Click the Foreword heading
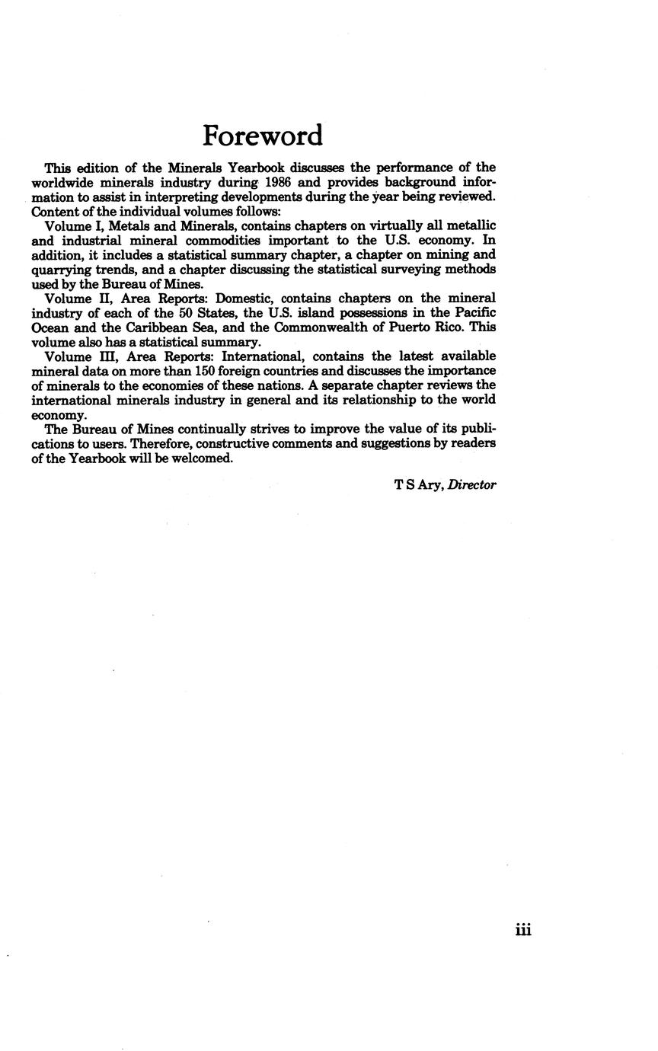(263, 136)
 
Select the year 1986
(279, 182)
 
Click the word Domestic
(244, 298)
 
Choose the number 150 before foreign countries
(206, 371)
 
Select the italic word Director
(472, 484)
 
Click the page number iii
(522, 929)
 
